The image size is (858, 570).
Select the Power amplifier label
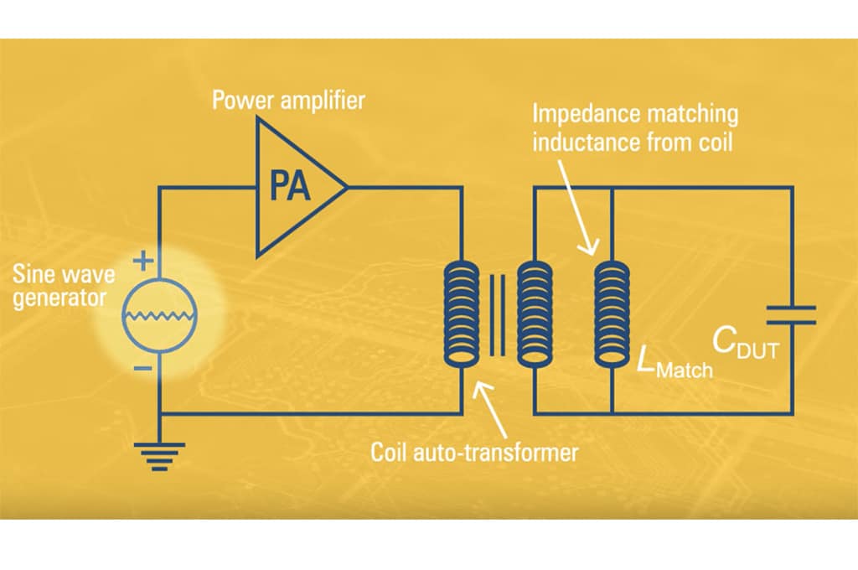[x=288, y=101]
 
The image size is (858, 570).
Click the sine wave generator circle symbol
[x=159, y=316]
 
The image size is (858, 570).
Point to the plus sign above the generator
[x=143, y=262]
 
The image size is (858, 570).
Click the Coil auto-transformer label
[x=474, y=453]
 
